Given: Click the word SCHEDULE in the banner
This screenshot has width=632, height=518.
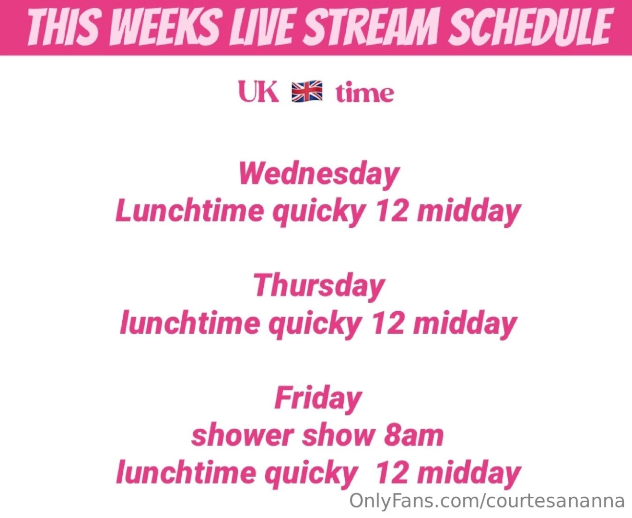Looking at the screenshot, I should point(530,27).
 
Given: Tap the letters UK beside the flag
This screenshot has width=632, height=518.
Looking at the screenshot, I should point(258,92).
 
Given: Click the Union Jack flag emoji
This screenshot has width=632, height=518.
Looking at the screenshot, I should point(307,92).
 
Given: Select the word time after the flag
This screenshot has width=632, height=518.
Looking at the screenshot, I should point(364,93).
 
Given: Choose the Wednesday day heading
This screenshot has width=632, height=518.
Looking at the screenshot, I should point(319,174).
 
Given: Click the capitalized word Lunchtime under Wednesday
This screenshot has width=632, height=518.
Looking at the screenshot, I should point(189,211).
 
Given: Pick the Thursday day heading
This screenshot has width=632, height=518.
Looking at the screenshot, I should point(319,286).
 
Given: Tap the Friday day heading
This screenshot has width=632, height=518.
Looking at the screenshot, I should point(318,399).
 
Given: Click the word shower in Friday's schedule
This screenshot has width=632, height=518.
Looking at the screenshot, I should point(242,436).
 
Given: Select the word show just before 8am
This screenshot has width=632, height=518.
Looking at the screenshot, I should point(338,436).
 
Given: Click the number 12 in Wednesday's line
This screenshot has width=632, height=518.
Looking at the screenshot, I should point(392,211).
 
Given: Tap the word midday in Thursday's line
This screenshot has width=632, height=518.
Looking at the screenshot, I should point(465,324).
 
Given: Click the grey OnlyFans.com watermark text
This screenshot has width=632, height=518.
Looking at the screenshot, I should point(487,501).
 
